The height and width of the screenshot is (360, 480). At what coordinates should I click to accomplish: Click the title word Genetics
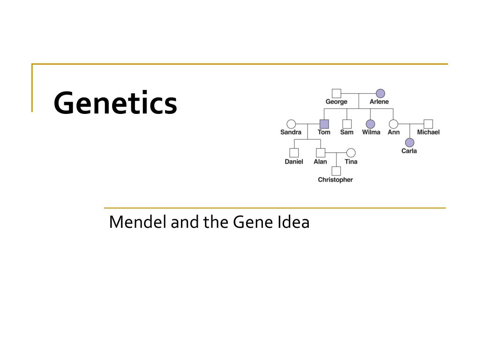tap(115, 104)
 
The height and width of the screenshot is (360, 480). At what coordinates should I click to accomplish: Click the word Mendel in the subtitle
tap(138, 222)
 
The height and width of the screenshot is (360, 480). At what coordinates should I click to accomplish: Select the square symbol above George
tap(337, 93)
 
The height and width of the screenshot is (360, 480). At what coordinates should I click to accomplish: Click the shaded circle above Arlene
tap(380, 93)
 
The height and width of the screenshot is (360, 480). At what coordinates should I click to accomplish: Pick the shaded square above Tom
tap(324, 124)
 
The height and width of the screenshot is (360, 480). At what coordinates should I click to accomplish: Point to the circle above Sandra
tap(291, 124)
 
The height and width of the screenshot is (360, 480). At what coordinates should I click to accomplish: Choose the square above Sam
tap(347, 124)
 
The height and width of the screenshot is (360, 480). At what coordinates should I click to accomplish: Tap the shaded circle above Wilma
tap(370, 124)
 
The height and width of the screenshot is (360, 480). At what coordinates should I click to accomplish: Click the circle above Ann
tap(394, 124)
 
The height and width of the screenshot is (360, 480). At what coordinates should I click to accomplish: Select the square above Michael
tap(428, 124)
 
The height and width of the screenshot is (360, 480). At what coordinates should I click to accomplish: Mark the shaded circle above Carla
tap(410, 142)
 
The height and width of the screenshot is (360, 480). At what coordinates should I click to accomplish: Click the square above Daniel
tap(294, 153)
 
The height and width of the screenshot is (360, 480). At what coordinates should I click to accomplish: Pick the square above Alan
tap(321, 153)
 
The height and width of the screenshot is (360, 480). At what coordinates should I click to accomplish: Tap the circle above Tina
tap(351, 153)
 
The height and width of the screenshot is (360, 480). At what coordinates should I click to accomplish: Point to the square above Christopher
tap(336, 171)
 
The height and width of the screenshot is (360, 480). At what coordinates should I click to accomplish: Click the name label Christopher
tap(335, 180)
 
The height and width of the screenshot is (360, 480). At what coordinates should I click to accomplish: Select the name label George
tap(337, 102)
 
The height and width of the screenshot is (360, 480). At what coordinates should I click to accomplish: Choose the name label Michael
tap(428, 132)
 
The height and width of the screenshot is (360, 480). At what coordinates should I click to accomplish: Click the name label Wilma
tap(371, 132)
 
